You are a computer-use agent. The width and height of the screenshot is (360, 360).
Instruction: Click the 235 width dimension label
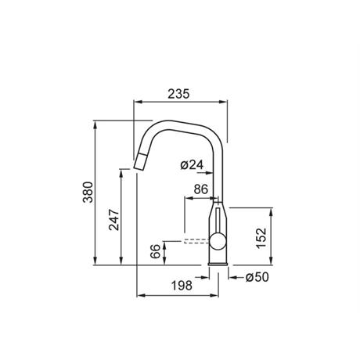pos(178,94)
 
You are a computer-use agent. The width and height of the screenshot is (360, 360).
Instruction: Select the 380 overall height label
pos(88,193)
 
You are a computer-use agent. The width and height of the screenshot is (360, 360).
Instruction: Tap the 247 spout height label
pos(114,220)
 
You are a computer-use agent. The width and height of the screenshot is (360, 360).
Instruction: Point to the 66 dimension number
pos(155,251)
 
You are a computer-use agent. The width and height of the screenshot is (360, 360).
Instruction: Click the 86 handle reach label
pos(201,189)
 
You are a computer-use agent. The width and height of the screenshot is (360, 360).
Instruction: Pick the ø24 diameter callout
pos(192,165)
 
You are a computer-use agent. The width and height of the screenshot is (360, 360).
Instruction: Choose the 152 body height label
pos(261,238)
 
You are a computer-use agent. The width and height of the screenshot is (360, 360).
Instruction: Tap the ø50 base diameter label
pos(257,277)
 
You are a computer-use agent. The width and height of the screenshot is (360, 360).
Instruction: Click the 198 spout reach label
pos(182,286)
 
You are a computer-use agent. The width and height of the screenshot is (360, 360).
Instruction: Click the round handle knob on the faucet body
pos(218,241)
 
